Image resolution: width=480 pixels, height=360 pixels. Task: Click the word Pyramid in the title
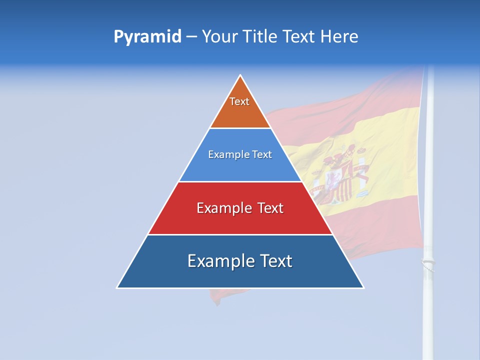147,37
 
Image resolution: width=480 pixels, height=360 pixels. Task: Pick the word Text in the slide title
299,36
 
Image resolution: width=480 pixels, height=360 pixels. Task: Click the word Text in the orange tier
239,101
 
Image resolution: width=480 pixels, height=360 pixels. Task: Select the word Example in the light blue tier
227,155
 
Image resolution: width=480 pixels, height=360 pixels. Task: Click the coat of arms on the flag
340,175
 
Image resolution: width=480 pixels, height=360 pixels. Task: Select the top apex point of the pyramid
240,75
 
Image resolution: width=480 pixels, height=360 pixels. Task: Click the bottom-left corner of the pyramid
117,287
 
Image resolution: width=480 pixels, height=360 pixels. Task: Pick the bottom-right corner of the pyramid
363,287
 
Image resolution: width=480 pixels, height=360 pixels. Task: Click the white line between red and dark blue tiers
240,234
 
